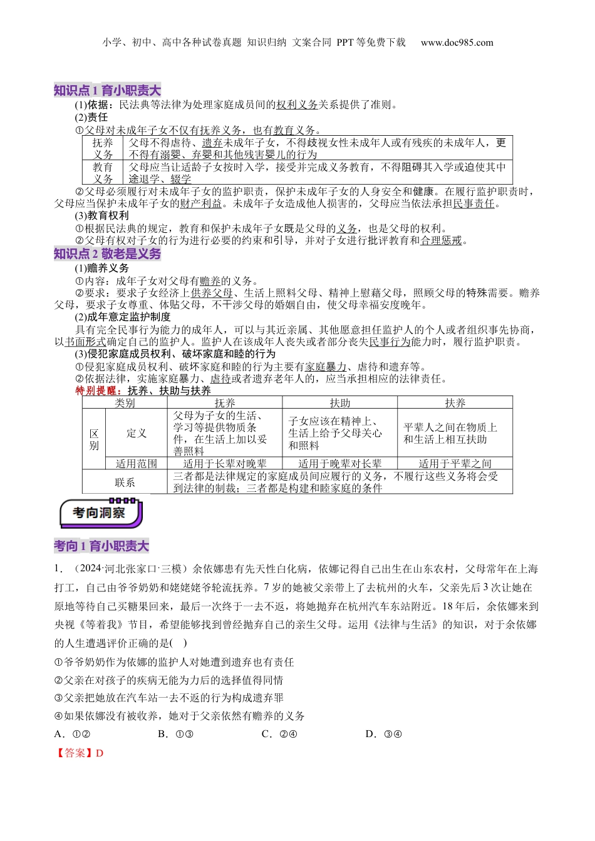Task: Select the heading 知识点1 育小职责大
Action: [x=107, y=91]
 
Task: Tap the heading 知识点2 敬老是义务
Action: [x=107, y=253]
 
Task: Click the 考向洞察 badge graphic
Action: [x=101, y=513]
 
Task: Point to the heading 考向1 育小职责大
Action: [x=101, y=546]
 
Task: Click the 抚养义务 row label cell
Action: [x=103, y=148]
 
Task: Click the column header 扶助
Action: [x=340, y=403]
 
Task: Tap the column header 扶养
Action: [x=455, y=403]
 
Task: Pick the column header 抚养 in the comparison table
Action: [x=225, y=403]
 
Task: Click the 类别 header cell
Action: [x=125, y=403]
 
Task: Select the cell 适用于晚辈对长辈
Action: [x=340, y=464]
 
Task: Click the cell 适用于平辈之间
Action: [x=455, y=464]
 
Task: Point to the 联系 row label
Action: [x=125, y=482]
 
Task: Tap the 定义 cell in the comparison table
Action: [x=137, y=433]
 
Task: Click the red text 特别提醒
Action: [x=96, y=390]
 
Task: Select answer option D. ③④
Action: [x=383, y=734]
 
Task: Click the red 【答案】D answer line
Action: [x=79, y=753]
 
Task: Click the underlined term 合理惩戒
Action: [x=441, y=240]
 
